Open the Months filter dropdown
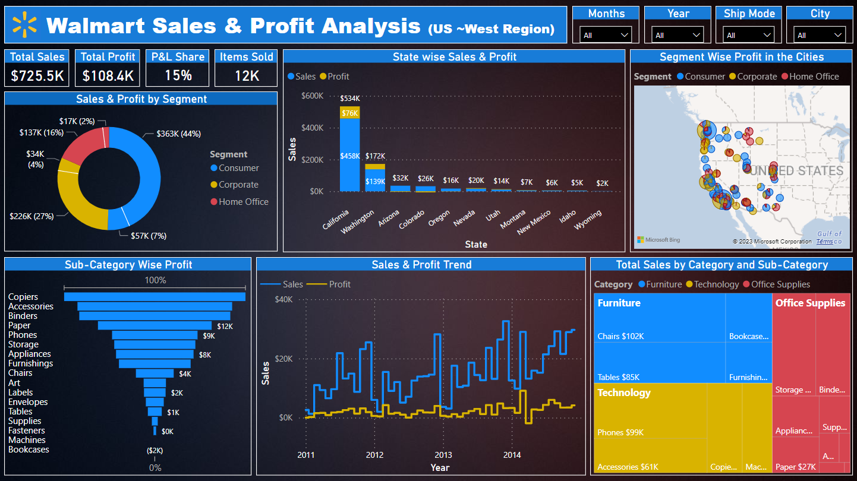tap(606, 35)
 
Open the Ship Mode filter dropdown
tap(749, 35)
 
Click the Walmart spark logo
tap(25, 25)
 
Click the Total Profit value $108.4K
tap(108, 75)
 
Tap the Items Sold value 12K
tap(246, 75)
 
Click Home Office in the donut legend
tap(243, 202)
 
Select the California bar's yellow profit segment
tap(350, 113)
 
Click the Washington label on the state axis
tap(358, 221)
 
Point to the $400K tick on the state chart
tap(313, 128)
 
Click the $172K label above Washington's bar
tap(375, 156)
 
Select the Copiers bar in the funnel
tap(155, 297)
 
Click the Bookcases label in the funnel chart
tap(29, 450)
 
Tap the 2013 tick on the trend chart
tap(443, 455)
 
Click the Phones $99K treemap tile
tap(651, 410)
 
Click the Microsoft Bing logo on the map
tap(658, 240)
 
